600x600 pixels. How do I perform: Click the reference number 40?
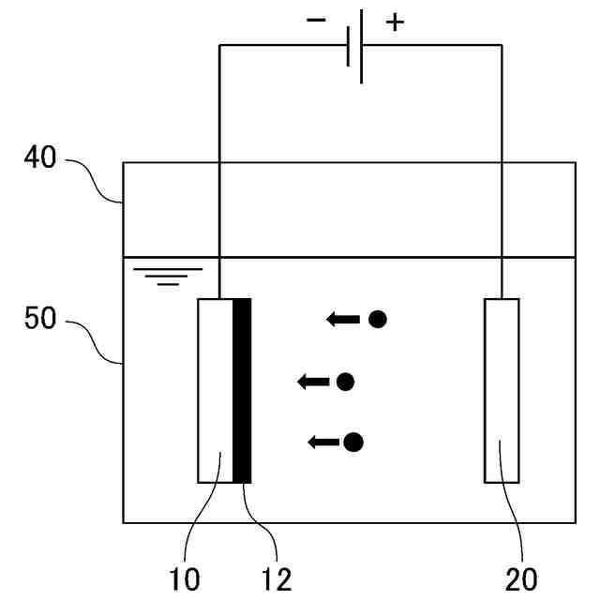coord(39,158)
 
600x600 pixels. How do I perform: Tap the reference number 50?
coord(39,319)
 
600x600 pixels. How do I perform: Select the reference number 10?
coord(186,579)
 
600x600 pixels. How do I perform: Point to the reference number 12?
coord(277,579)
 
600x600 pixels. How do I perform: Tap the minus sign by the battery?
coord(316,21)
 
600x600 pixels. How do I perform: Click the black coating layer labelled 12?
coord(242,390)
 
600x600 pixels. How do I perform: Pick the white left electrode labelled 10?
coord(215,390)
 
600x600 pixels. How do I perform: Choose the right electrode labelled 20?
coord(502,390)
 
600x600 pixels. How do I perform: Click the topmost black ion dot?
coord(377,319)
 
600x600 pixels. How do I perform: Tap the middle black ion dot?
coord(345,382)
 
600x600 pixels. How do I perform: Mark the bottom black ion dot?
coord(353,442)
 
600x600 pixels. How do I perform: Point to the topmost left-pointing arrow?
coord(343,320)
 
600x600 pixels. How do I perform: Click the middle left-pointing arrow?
coord(314,382)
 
